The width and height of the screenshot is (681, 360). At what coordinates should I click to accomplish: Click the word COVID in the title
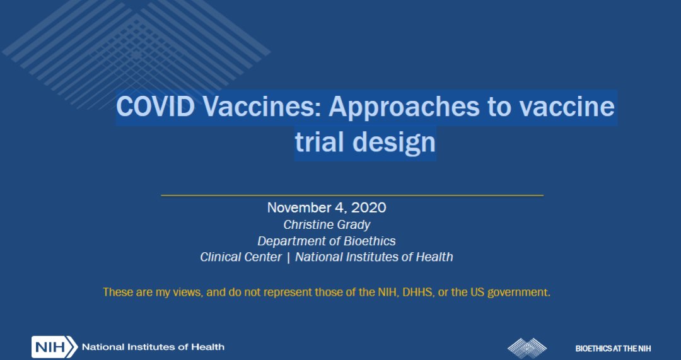[156, 107]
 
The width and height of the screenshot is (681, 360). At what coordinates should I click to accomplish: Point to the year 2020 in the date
[368, 207]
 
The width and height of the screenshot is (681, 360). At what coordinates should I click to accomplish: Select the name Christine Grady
[327, 224]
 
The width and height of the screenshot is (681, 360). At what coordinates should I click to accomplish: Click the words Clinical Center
[241, 257]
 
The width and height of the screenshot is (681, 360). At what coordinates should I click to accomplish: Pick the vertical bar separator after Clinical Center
[288, 257]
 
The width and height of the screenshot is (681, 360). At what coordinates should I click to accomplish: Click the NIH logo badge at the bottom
[54, 347]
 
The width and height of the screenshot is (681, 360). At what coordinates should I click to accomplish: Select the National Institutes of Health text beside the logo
[153, 347]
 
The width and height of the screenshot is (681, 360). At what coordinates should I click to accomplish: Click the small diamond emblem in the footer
[527, 348]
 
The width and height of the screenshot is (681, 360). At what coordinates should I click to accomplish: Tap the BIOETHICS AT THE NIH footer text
[613, 348]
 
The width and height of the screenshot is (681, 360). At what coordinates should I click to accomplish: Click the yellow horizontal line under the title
[352, 195]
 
